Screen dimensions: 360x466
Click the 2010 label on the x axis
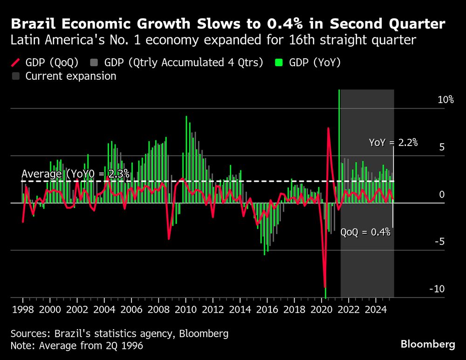point(185,309)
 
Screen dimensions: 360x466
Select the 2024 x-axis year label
point(375,309)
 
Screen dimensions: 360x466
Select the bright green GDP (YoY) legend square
point(279,62)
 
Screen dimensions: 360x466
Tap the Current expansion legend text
point(71,76)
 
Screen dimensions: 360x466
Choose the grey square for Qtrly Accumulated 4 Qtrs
point(96,62)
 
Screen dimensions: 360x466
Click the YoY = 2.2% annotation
point(393,143)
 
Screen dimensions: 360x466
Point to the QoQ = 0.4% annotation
point(365,232)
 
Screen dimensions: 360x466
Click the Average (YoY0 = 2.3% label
point(75,174)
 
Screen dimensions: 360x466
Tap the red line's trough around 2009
point(169,239)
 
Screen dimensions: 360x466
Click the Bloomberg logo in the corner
point(428,344)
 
